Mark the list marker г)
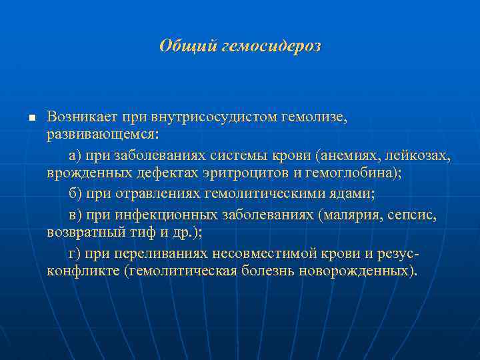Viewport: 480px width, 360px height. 75,253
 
